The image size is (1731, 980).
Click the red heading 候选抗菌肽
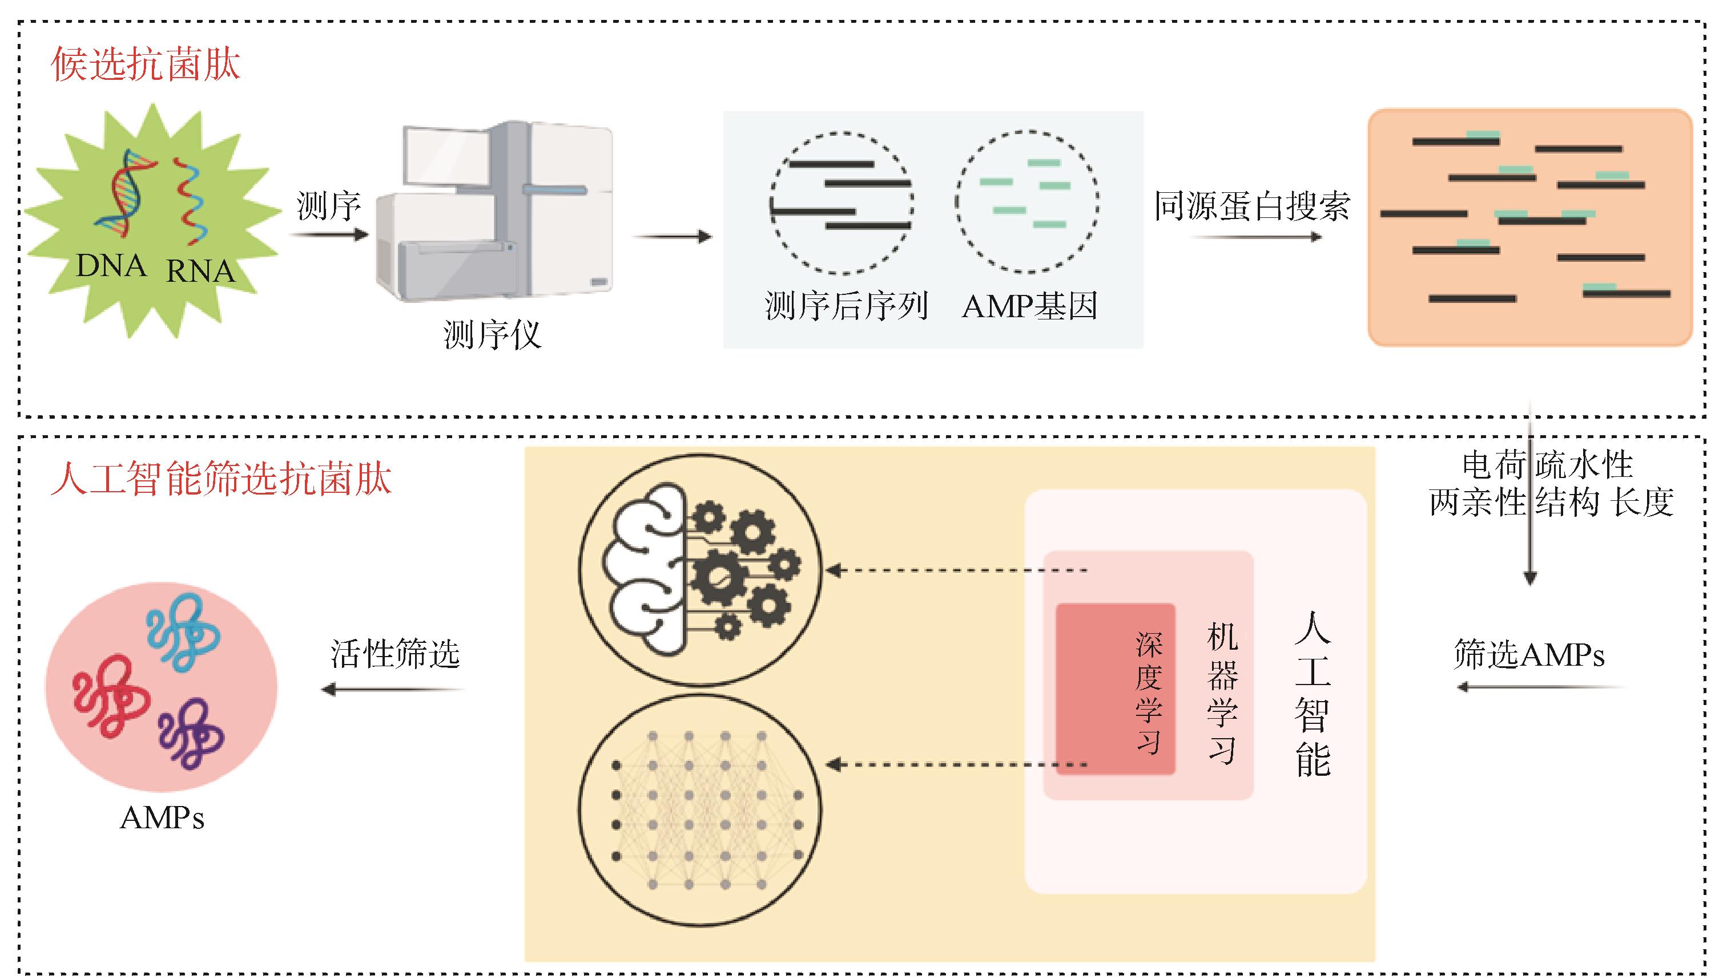pyautogui.click(x=146, y=65)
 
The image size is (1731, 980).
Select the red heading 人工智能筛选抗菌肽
pyautogui.click(x=221, y=479)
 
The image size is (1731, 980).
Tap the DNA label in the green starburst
pyautogui.click(x=111, y=266)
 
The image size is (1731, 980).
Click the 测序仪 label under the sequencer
pyautogui.click(x=492, y=334)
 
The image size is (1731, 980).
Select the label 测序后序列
pyautogui.click(x=847, y=307)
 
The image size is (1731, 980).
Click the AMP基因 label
pyautogui.click(x=1030, y=307)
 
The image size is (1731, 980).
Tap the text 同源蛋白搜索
pyautogui.click(x=1252, y=206)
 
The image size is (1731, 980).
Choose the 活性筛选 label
pyautogui.click(x=396, y=654)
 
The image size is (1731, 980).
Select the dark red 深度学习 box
pyautogui.click(x=1115, y=689)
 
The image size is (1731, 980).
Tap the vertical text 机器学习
pyautogui.click(x=1222, y=693)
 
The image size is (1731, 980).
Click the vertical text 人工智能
pyautogui.click(x=1312, y=693)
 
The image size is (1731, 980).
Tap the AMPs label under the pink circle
pyautogui.click(x=162, y=819)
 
